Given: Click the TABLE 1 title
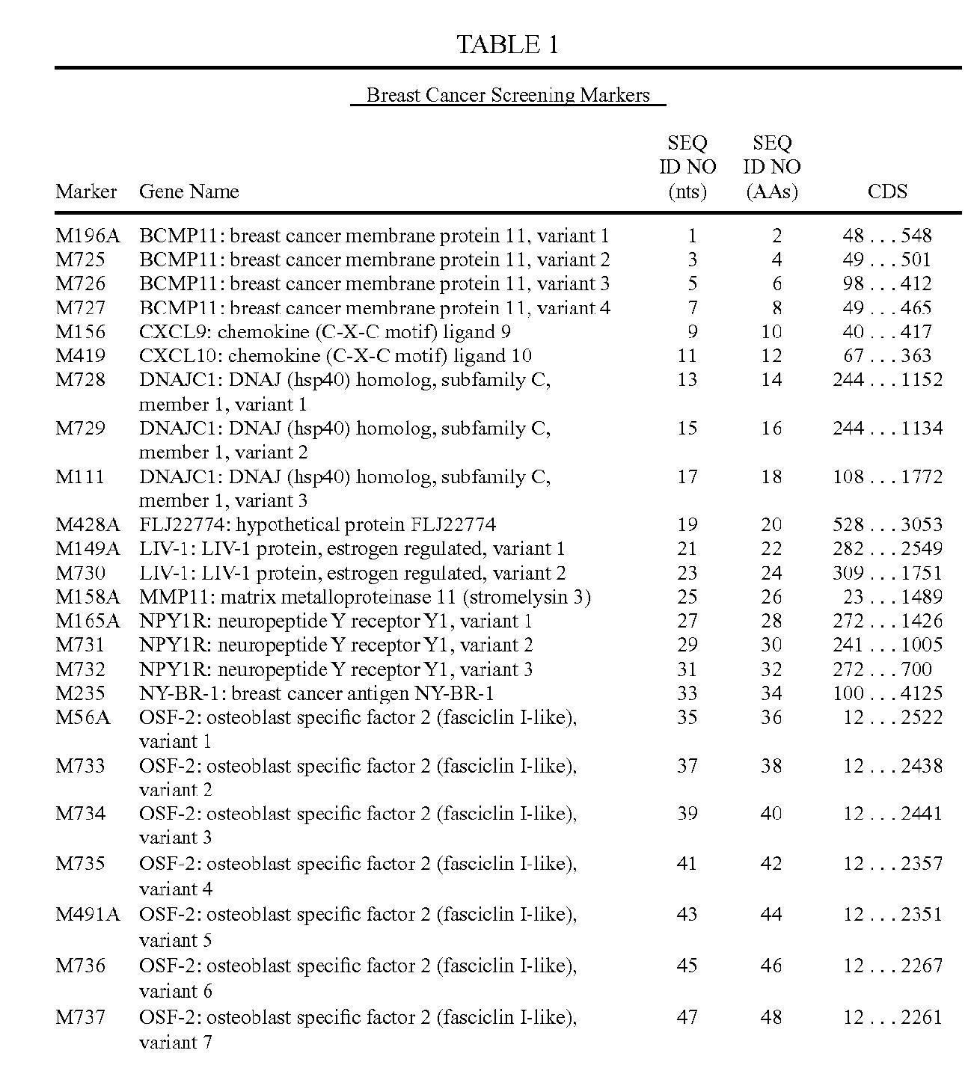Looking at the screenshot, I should click(507, 45).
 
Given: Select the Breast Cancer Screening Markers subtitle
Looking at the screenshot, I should click(508, 96).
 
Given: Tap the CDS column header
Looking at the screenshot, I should click(887, 191).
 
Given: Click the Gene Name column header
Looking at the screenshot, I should click(189, 191).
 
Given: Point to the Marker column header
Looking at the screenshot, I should click(86, 191).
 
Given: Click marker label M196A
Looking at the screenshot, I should click(88, 236).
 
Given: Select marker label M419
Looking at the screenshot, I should click(81, 356).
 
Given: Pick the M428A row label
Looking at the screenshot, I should click(88, 525).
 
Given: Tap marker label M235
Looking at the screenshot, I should click(81, 693).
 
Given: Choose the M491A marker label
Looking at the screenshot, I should click(88, 914).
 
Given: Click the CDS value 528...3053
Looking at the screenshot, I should click(887, 525).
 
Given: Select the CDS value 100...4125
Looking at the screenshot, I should click(887, 693).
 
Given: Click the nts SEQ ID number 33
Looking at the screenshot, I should click(687, 693).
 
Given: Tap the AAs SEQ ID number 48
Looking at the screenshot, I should click(771, 1017).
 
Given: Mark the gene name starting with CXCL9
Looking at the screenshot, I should click(325, 332).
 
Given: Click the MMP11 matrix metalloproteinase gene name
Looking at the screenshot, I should click(365, 597).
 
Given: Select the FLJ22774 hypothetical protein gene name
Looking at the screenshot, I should click(317, 525).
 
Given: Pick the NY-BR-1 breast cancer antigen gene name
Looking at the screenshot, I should click(316, 693).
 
